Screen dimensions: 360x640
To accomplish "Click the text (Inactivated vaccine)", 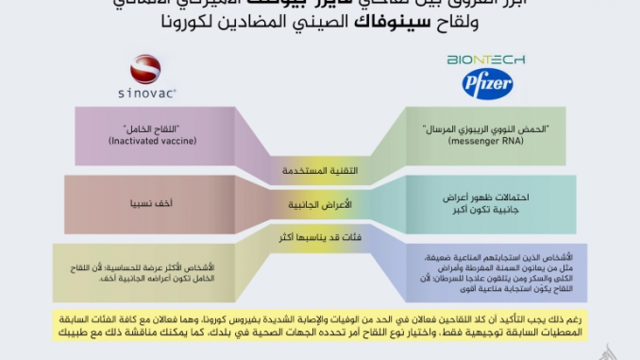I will (139, 141).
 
